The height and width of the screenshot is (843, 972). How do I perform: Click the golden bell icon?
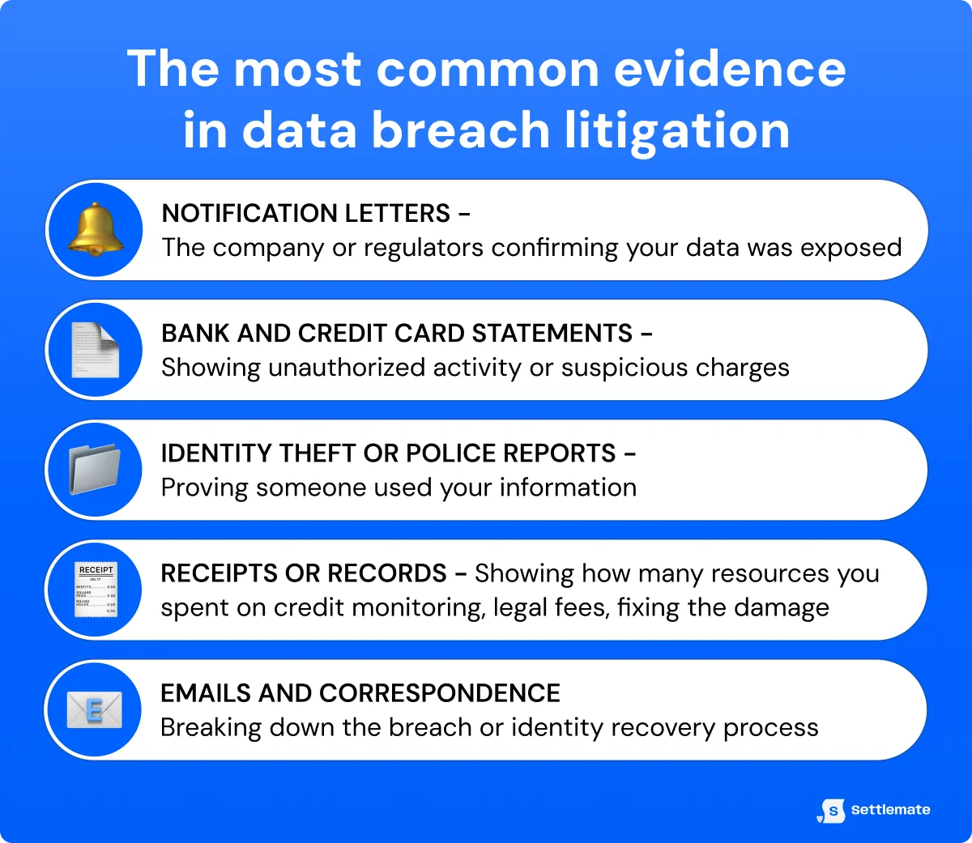(96, 230)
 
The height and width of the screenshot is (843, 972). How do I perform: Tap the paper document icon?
(96, 350)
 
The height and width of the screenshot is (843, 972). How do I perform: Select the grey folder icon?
(96, 470)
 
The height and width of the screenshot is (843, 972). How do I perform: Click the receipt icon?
(96, 590)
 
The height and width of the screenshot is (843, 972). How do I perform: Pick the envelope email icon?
(95, 710)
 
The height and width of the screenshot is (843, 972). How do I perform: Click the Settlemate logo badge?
(832, 810)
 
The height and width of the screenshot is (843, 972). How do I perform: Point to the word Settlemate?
(890, 810)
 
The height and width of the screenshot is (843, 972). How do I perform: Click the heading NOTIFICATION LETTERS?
(306, 213)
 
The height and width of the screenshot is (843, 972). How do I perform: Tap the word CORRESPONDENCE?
(440, 693)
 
